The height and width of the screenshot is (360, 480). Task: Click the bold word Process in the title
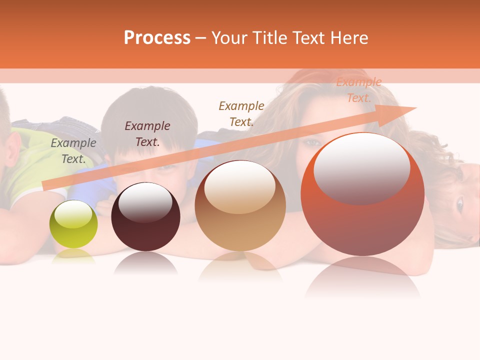(157, 38)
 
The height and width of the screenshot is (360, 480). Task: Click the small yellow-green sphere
(73, 224)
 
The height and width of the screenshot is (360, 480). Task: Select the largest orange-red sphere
(362, 200)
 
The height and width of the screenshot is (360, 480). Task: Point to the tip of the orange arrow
(414, 108)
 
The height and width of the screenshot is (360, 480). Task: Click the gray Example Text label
(73, 151)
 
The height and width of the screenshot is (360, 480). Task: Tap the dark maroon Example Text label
(147, 134)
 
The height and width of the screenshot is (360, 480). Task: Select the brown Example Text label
(241, 113)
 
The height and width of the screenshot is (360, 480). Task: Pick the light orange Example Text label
(358, 90)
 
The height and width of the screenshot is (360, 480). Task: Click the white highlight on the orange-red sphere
(361, 167)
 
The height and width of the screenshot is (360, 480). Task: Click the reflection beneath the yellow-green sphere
(73, 256)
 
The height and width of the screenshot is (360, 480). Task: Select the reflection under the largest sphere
(362, 277)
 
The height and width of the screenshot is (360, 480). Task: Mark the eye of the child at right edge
(459, 203)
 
